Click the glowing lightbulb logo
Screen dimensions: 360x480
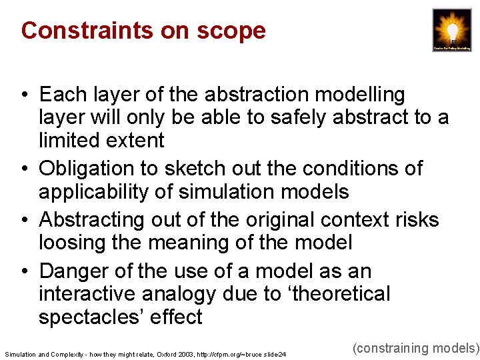pyautogui.click(x=451, y=30)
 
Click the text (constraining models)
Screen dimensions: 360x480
pyautogui.click(x=415, y=348)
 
